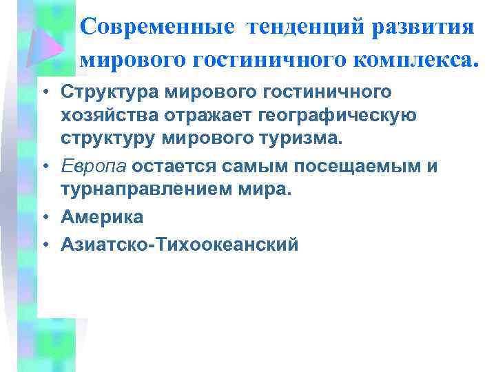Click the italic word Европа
pos(93,167)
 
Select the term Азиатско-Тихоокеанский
pos(180,244)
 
